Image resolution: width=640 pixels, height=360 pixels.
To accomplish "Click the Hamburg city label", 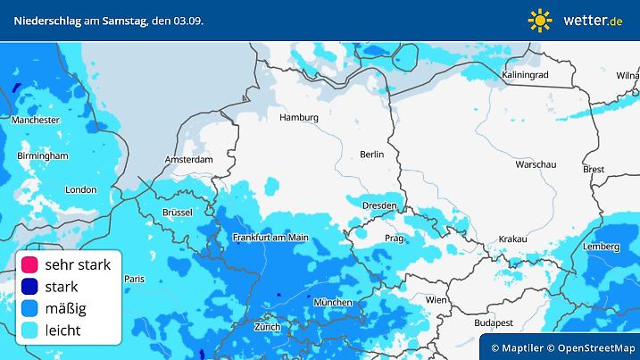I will pos(298,117).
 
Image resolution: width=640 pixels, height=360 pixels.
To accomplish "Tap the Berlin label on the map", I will pos(371,155).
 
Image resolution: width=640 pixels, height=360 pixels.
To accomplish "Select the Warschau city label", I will pos(536,165).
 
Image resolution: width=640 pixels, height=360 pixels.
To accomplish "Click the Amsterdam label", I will pos(188,160).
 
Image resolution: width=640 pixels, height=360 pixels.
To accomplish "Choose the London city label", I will pos(80,189).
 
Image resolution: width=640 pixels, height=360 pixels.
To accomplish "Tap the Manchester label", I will pos(35,120).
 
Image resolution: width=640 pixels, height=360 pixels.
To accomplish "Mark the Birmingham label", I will pos(42,155).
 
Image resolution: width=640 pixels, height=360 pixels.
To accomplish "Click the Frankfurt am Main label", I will pos(270,238).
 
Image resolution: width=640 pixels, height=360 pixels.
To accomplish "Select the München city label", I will pos(333,302).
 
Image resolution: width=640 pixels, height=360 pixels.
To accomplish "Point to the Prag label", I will pos(395,239).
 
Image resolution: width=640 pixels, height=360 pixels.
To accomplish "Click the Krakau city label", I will pos(513,239).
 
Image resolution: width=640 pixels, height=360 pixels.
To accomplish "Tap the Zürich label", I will pos(267,327).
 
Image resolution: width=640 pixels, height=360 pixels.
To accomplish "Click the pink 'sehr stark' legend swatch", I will pos(29,264).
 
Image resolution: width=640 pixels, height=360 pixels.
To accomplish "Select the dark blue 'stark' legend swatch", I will pos(29,287).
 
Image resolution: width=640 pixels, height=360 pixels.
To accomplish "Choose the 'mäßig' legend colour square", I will pos(29,309).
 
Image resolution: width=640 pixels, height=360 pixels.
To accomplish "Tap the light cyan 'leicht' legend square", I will pos(29,331).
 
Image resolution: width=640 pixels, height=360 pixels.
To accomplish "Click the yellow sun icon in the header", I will pos(540,20).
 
